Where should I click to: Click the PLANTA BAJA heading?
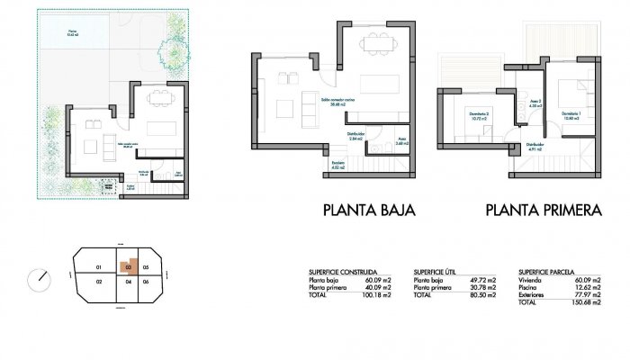(368, 211)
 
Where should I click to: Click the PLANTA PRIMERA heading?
(543, 211)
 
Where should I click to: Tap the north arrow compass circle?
(40, 278)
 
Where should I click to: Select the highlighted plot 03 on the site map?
(130, 267)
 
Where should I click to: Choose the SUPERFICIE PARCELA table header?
(547, 270)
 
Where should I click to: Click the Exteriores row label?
(533, 294)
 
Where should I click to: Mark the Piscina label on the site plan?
(72, 32)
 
